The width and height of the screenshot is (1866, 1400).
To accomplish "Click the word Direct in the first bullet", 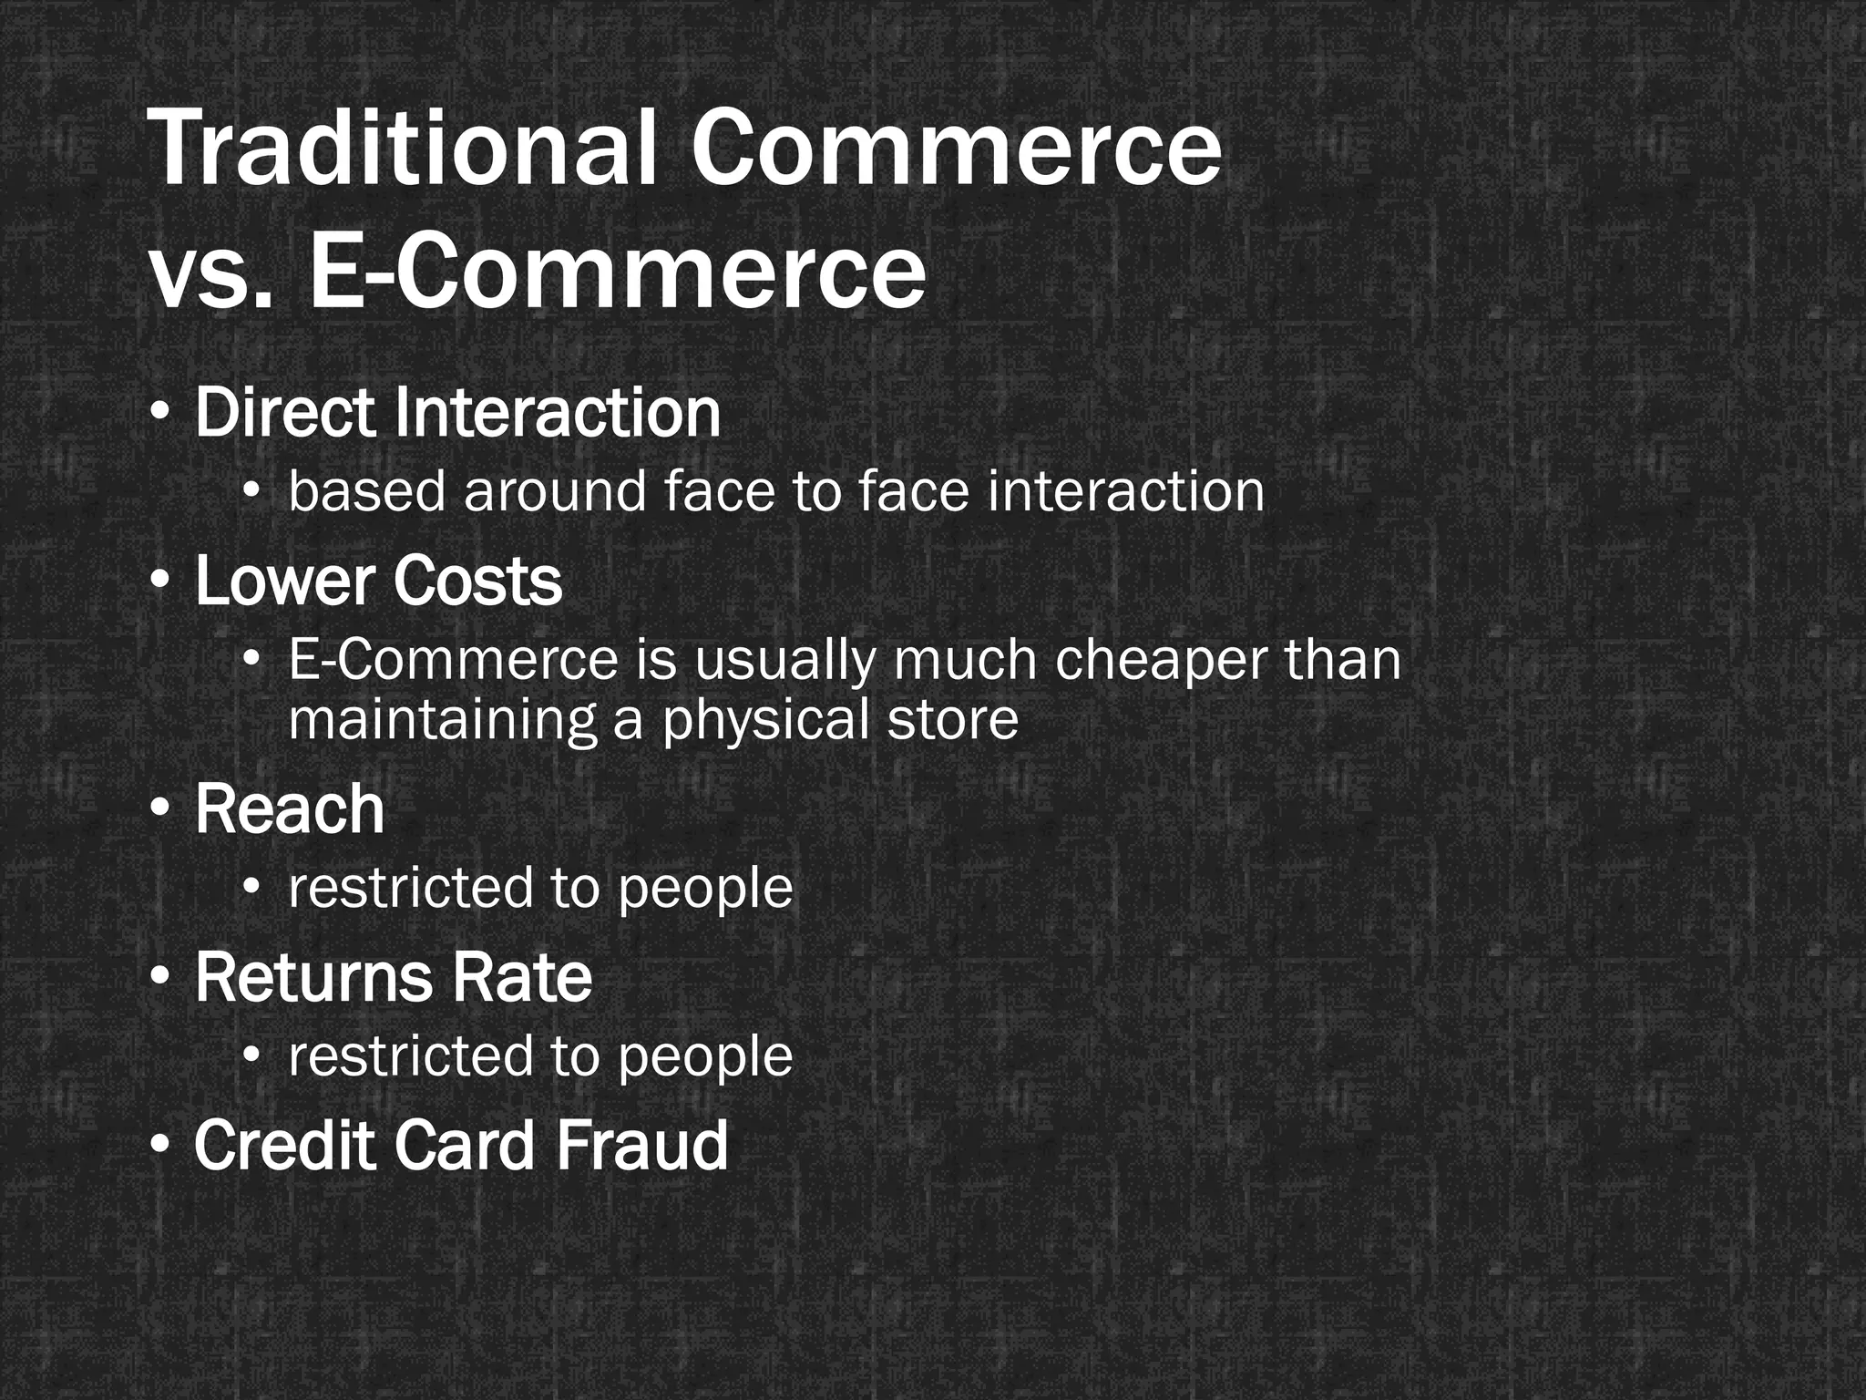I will tap(284, 413).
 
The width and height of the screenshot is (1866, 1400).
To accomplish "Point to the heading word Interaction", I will tap(558, 413).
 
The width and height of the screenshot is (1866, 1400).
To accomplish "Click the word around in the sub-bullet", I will tap(554, 491).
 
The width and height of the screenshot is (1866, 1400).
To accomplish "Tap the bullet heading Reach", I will tap(290, 808).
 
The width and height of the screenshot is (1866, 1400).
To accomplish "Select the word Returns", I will tap(313, 977).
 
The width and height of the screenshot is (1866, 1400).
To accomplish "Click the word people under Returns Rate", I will tap(705, 1056).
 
